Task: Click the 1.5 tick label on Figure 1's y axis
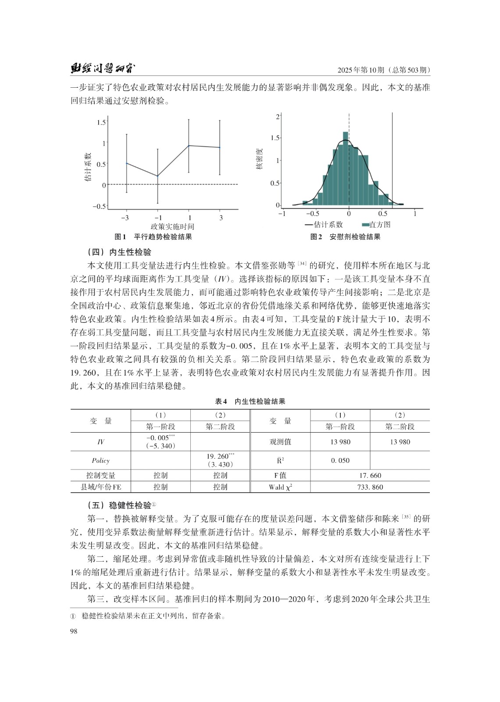click(x=101, y=122)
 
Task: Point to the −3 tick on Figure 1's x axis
click(x=125, y=218)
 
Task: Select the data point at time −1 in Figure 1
click(x=157, y=176)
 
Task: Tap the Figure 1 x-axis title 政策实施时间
click(x=172, y=226)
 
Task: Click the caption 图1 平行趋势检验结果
click(x=153, y=237)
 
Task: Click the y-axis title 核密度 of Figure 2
click(x=259, y=159)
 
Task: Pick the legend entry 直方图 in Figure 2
click(x=376, y=225)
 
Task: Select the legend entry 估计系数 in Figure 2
click(x=324, y=225)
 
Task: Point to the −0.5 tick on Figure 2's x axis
click(x=312, y=214)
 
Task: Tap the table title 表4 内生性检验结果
click(x=250, y=401)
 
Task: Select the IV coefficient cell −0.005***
click(x=161, y=438)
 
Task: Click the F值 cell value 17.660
click(x=370, y=475)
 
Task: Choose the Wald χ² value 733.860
click(x=370, y=487)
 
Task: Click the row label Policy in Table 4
click(x=100, y=460)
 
